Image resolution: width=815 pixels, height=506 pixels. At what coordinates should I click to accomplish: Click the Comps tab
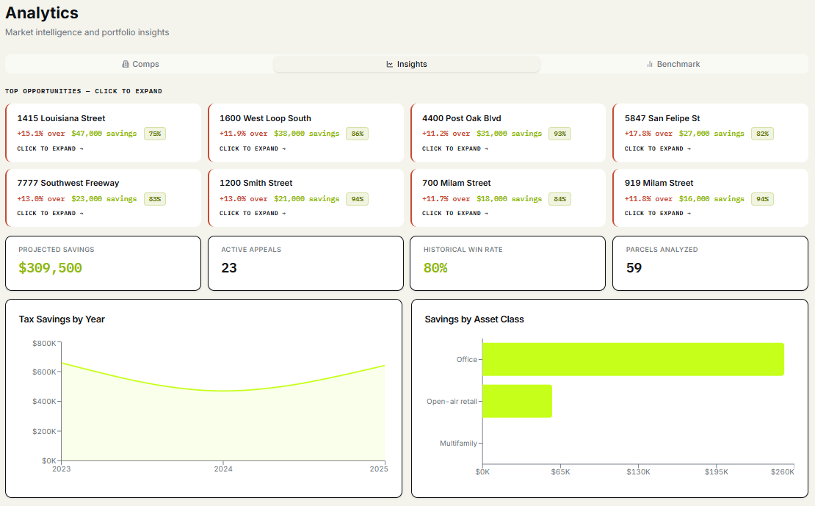click(140, 64)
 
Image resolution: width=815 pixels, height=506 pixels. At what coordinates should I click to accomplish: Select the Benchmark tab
click(673, 64)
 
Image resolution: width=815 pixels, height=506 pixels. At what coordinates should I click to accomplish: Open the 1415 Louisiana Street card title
click(61, 118)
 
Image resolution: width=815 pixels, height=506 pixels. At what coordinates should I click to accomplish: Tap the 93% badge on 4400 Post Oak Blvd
click(559, 134)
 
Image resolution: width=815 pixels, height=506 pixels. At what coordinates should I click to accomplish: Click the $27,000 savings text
click(711, 134)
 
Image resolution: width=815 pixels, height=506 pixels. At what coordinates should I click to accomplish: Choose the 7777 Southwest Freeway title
click(68, 183)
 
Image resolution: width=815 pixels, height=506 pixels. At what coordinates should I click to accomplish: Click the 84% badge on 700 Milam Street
click(559, 199)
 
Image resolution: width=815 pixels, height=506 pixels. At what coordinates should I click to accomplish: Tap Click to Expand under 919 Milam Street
click(658, 213)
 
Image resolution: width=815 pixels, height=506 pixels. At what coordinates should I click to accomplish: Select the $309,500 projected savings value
click(51, 268)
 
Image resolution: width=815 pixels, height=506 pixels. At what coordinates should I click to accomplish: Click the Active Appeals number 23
click(228, 268)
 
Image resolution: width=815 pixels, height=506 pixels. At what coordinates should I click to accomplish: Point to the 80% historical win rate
click(435, 268)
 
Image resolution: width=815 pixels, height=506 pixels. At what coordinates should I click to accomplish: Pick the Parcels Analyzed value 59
click(634, 268)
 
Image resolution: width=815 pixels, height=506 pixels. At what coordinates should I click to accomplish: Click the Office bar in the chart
click(633, 359)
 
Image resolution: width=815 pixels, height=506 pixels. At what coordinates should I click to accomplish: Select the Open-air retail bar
click(517, 401)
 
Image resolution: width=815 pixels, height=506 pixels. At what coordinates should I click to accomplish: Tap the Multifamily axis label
click(458, 443)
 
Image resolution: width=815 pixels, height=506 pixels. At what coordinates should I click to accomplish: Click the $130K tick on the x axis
click(638, 471)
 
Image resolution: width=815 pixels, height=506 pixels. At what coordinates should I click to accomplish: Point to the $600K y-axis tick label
click(44, 372)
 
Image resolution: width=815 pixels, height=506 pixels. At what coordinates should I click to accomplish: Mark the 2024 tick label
click(223, 469)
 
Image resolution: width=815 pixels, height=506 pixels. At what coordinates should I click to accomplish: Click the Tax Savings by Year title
click(62, 319)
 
